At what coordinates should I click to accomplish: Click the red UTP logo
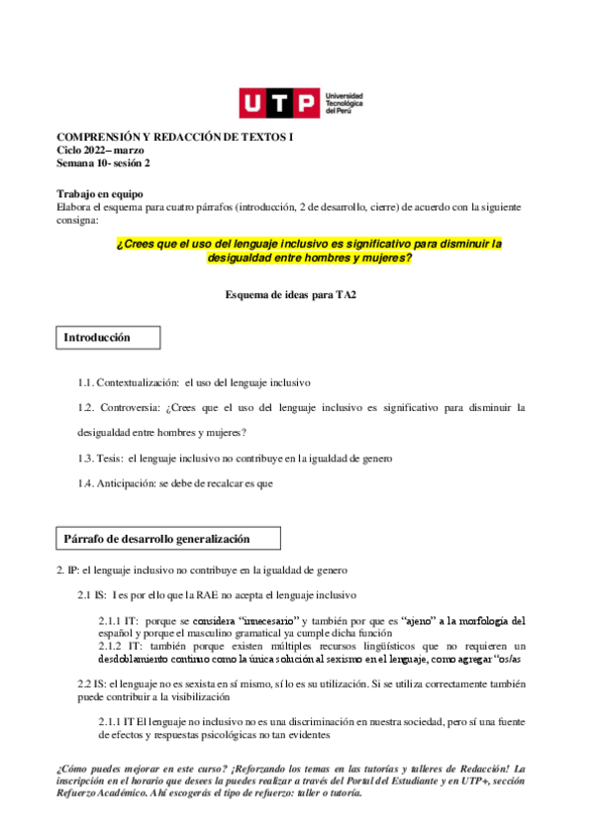pyautogui.click(x=279, y=104)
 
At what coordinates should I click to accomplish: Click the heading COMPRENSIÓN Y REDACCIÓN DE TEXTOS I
pyautogui.click(x=174, y=138)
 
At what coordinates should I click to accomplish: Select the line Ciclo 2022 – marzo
pyautogui.click(x=101, y=150)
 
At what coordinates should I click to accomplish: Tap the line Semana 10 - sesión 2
pyautogui.click(x=103, y=162)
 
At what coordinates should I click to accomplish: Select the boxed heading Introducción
pyautogui.click(x=97, y=338)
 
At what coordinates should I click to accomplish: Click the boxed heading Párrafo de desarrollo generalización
pyautogui.click(x=156, y=539)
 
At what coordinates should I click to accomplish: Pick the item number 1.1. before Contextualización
pyautogui.click(x=89, y=381)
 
